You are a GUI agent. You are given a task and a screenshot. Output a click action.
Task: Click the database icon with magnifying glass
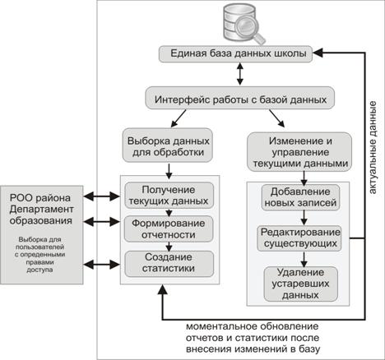[244, 23]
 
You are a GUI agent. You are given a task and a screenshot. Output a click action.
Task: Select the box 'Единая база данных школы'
[236, 53]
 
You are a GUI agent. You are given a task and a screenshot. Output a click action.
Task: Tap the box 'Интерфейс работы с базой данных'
[240, 98]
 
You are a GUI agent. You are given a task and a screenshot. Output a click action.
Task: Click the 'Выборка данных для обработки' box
[168, 145]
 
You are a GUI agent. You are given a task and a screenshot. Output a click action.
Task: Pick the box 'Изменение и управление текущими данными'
[299, 152]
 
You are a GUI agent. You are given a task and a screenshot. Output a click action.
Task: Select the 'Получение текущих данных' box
[169, 196]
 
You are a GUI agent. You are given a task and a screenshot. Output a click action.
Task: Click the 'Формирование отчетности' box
[169, 229]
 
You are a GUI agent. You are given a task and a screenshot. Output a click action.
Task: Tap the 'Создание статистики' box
[169, 264]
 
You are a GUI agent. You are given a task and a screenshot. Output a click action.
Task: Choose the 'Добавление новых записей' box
[300, 197]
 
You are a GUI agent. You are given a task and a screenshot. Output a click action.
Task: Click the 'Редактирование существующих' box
[299, 238]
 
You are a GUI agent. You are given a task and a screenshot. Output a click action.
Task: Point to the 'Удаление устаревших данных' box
[300, 284]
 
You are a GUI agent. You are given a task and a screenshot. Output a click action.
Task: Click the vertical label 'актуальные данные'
[373, 148]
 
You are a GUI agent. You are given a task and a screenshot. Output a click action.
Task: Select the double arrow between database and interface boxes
[240, 74]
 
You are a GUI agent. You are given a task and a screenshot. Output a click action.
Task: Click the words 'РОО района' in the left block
[40, 198]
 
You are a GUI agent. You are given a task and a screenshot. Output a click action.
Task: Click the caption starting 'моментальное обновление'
[253, 338]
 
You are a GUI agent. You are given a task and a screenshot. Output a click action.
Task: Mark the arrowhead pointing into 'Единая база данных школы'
[318, 53]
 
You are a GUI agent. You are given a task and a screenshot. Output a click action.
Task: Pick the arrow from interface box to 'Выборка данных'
[179, 118]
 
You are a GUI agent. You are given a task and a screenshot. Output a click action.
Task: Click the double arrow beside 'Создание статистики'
[101, 265]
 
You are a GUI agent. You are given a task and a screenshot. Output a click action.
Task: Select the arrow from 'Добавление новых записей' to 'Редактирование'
[304, 218]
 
